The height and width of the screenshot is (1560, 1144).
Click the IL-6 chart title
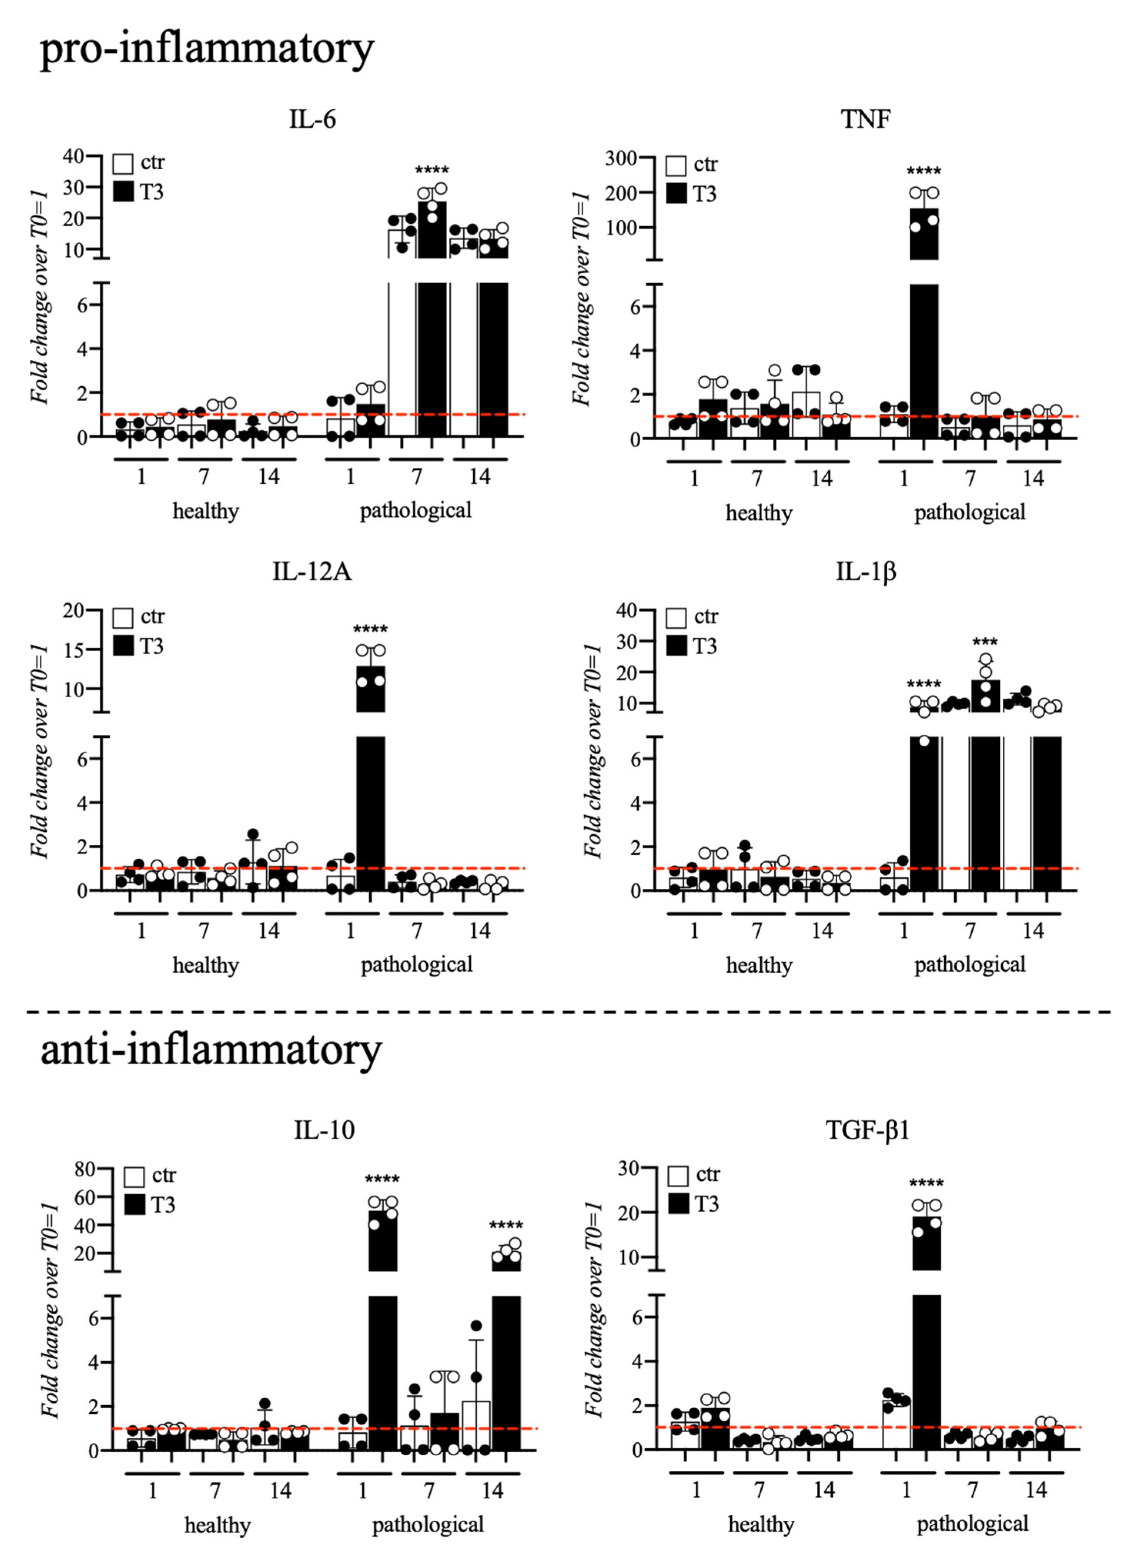coord(312,120)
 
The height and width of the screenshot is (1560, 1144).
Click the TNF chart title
coord(866,120)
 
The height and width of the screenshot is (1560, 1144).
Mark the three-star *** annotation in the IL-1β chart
coord(985,642)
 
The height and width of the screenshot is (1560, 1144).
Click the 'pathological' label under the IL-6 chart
coord(416,510)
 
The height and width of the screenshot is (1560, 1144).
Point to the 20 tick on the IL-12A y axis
coord(73,610)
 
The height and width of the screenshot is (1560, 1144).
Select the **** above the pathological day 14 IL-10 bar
coord(506,1226)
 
